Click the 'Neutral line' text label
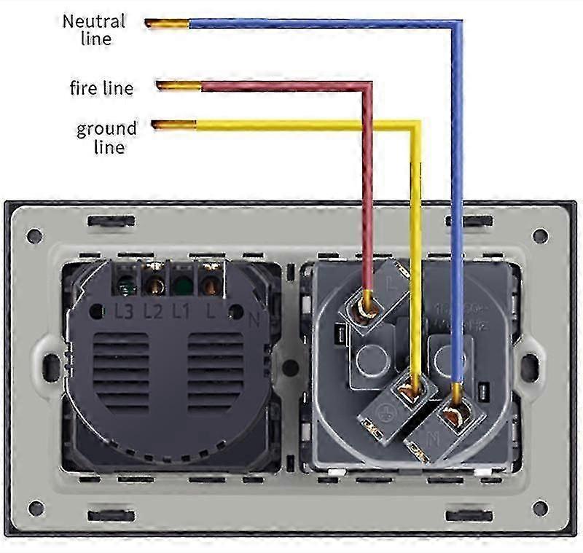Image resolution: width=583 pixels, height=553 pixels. [94, 29]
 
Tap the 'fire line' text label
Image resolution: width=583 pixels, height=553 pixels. [101, 89]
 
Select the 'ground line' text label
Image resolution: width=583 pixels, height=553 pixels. [106, 138]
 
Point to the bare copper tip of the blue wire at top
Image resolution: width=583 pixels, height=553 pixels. [167, 23]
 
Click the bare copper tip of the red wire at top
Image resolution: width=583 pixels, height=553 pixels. [179, 87]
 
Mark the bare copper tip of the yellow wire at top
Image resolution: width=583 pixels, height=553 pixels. [173, 125]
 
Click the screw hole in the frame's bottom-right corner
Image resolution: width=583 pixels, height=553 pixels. [540, 507]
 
